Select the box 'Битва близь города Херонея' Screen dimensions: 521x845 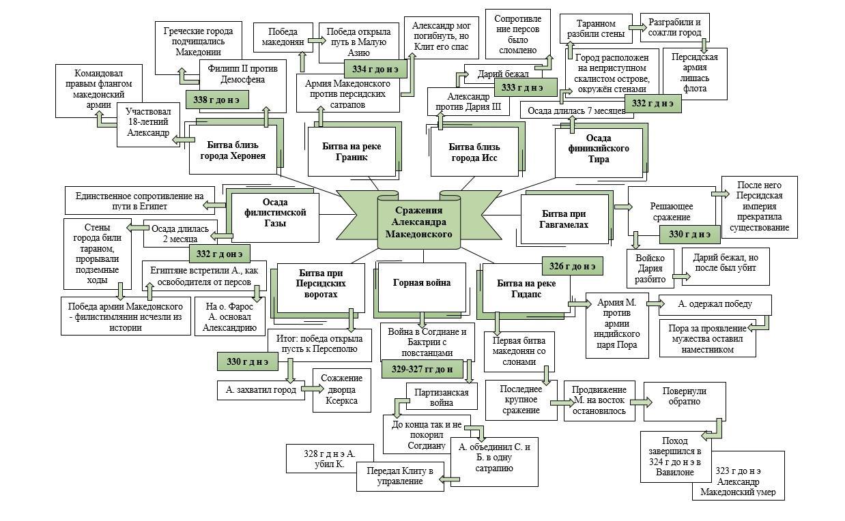click(233, 150)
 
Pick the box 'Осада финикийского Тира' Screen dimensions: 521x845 click(599, 149)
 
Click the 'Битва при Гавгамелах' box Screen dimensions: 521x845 click(564, 219)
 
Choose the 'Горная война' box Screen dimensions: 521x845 click(422, 282)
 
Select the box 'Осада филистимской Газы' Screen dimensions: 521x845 click(274, 213)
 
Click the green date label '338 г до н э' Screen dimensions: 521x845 click(216, 100)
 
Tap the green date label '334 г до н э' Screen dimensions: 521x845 click(375, 69)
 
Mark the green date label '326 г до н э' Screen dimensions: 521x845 click(572, 266)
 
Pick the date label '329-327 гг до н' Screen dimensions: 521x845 click(422, 369)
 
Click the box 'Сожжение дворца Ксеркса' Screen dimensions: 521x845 click(341, 390)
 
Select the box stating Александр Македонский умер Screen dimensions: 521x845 click(739, 481)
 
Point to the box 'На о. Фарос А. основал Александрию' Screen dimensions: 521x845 click(229, 316)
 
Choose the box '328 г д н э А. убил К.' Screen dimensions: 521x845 click(330, 458)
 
